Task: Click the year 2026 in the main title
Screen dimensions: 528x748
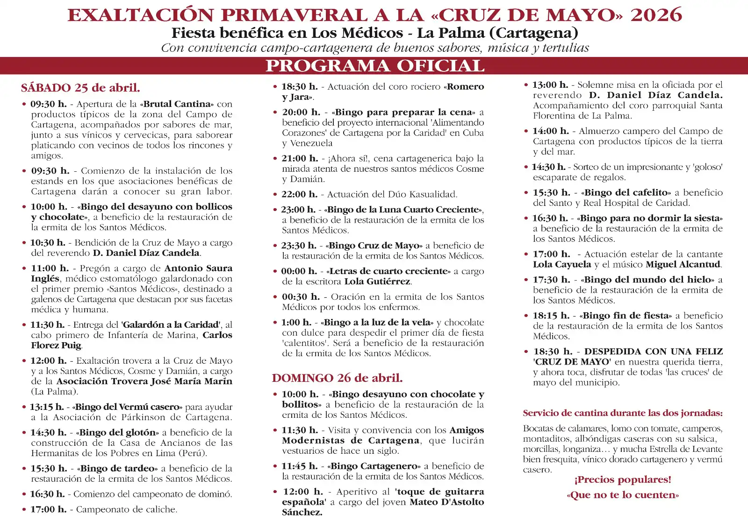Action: pyautogui.click(x=656, y=15)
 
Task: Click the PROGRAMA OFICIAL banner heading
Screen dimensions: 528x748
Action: pyautogui.click(x=374, y=66)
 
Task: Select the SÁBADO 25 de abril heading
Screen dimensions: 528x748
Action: pyautogui.click(x=80, y=88)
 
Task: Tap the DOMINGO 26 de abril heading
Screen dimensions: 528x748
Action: pyautogui.click(x=337, y=378)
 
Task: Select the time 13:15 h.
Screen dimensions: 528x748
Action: pyautogui.click(x=47, y=407)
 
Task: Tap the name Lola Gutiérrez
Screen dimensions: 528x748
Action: pyautogui.click(x=378, y=282)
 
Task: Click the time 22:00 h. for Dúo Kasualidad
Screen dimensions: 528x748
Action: pyautogui.click(x=300, y=194)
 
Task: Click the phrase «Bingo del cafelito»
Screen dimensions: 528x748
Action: pyautogui.click(x=626, y=192)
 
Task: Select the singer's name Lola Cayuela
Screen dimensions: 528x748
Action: pyautogui.click(x=562, y=265)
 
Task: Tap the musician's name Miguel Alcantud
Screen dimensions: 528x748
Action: pyautogui.click(x=683, y=265)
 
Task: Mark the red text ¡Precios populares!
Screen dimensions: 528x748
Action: pyautogui.click(x=623, y=480)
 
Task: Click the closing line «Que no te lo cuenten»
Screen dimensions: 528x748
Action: pyautogui.click(x=623, y=495)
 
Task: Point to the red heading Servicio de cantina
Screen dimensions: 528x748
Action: pyautogui.click(x=623, y=413)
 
